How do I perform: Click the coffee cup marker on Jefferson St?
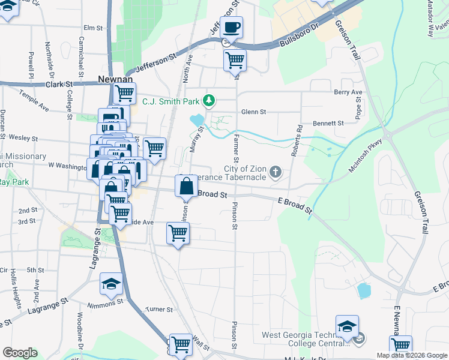click(x=232, y=27)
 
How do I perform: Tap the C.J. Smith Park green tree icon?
click(x=209, y=100)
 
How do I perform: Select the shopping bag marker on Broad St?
click(x=186, y=186)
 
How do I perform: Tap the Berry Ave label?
click(x=349, y=92)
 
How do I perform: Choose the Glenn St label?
click(x=253, y=112)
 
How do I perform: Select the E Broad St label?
click(x=295, y=205)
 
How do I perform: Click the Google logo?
click(x=20, y=353)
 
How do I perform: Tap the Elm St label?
click(x=94, y=28)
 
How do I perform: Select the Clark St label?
click(x=59, y=85)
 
